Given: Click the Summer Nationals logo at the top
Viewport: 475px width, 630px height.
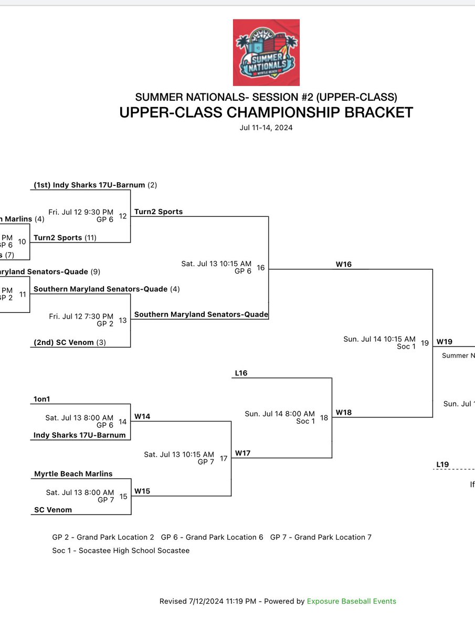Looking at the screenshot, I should coord(266,52).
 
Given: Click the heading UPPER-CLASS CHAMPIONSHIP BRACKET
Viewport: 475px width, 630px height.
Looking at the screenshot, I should coord(266,113).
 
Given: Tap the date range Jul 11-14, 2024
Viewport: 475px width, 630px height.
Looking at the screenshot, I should coord(266,128).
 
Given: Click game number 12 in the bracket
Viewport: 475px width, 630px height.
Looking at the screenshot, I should coord(123,216).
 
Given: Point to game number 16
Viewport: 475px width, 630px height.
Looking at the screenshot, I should coord(261,268).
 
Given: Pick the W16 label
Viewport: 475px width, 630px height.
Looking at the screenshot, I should coord(344,265).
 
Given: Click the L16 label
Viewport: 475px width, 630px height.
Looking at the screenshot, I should coord(241,373).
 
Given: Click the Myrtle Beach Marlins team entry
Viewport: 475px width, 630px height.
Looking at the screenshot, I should coord(73,474).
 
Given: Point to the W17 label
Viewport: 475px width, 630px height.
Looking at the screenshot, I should coord(243,453).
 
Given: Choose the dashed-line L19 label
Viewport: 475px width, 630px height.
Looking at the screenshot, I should coord(442,465).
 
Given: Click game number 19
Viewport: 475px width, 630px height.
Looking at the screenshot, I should coord(425,343).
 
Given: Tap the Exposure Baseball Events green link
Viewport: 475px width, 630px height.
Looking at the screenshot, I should coord(352,601).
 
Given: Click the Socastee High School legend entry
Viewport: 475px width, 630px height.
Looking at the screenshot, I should coord(121,551).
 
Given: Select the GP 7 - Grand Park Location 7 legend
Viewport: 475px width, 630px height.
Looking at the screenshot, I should coord(321,537).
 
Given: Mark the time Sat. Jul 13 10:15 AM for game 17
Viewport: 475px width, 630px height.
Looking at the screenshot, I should coord(179,454).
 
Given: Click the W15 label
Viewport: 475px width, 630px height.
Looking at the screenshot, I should coord(142,491).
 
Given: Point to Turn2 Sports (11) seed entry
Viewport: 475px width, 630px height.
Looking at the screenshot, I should coord(65,237).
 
